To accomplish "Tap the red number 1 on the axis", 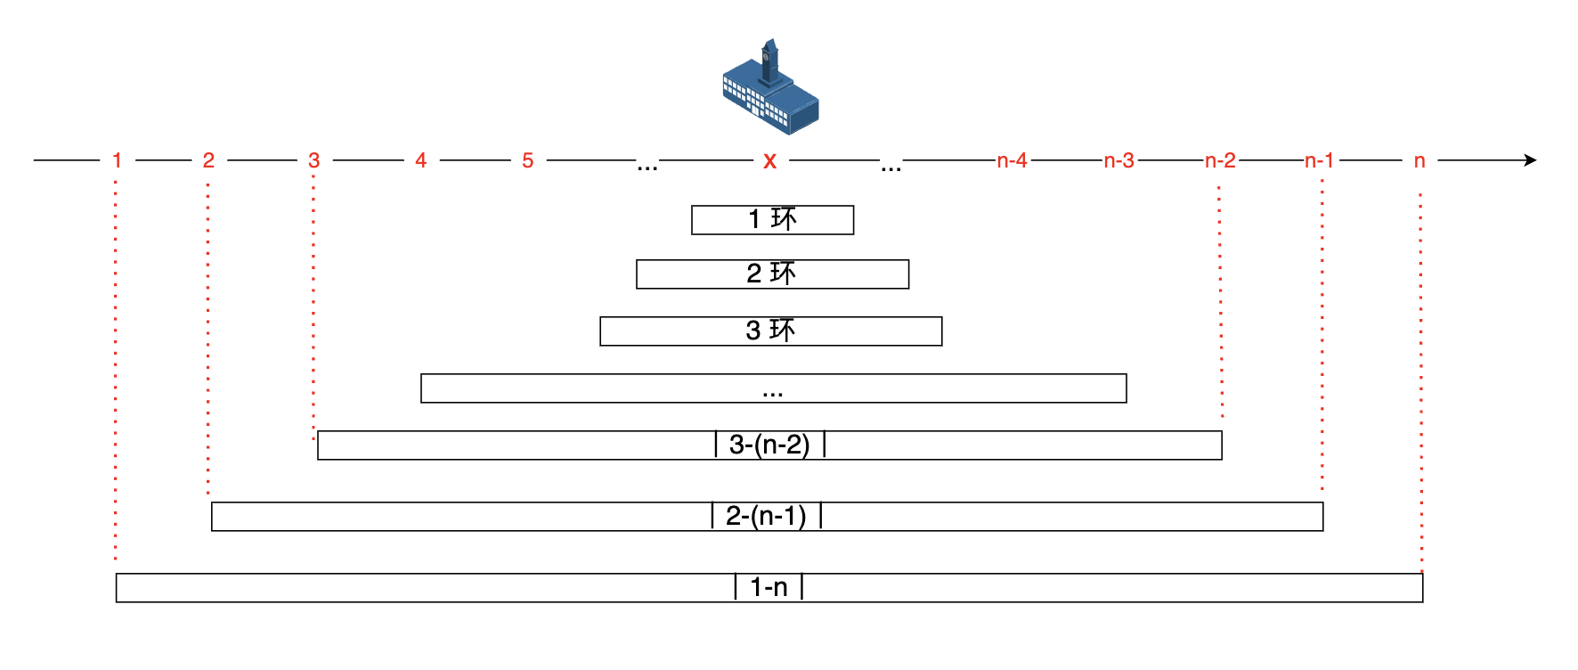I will (x=117, y=160).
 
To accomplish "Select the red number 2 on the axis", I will (x=208, y=160).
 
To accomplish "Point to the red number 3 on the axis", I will (x=313, y=160).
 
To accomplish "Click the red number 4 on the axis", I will (x=421, y=160).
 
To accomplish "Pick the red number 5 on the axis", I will (x=528, y=160).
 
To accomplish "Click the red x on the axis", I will (x=770, y=161).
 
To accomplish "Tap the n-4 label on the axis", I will (x=1012, y=160).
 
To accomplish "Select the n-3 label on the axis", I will (x=1118, y=160).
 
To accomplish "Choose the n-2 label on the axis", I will (x=1220, y=160).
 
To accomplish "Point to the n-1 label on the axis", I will (x=1319, y=160).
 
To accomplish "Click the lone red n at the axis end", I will (x=1419, y=161).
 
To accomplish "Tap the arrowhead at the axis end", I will (x=1530, y=160).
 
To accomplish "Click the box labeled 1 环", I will (x=772, y=220).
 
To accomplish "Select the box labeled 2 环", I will (x=772, y=274).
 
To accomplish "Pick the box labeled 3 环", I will (x=770, y=331).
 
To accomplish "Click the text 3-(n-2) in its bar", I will (x=769, y=445).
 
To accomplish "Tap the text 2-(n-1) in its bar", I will (x=766, y=516).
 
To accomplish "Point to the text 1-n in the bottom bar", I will (x=769, y=587).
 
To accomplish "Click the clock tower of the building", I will (x=769, y=59).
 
